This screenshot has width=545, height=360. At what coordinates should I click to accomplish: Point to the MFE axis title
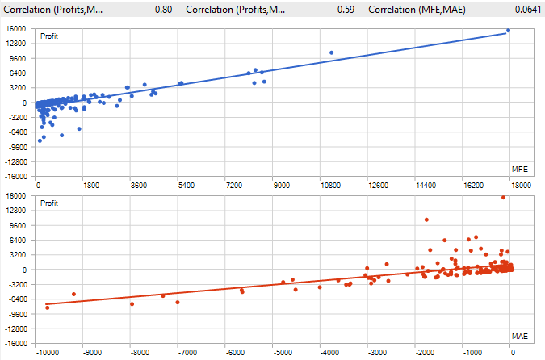click(520, 169)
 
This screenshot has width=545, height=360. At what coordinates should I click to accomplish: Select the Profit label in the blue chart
click(49, 36)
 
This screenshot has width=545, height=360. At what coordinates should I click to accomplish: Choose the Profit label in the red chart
click(49, 203)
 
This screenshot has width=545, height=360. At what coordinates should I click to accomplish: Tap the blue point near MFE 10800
click(331, 53)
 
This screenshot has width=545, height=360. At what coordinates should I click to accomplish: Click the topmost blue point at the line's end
click(508, 31)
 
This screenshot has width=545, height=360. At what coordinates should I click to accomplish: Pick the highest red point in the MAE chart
click(503, 197)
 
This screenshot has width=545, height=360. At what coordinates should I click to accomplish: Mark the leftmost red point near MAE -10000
click(47, 308)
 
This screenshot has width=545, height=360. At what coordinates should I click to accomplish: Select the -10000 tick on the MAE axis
click(48, 352)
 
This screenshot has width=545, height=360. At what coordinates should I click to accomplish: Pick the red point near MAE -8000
click(132, 303)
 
